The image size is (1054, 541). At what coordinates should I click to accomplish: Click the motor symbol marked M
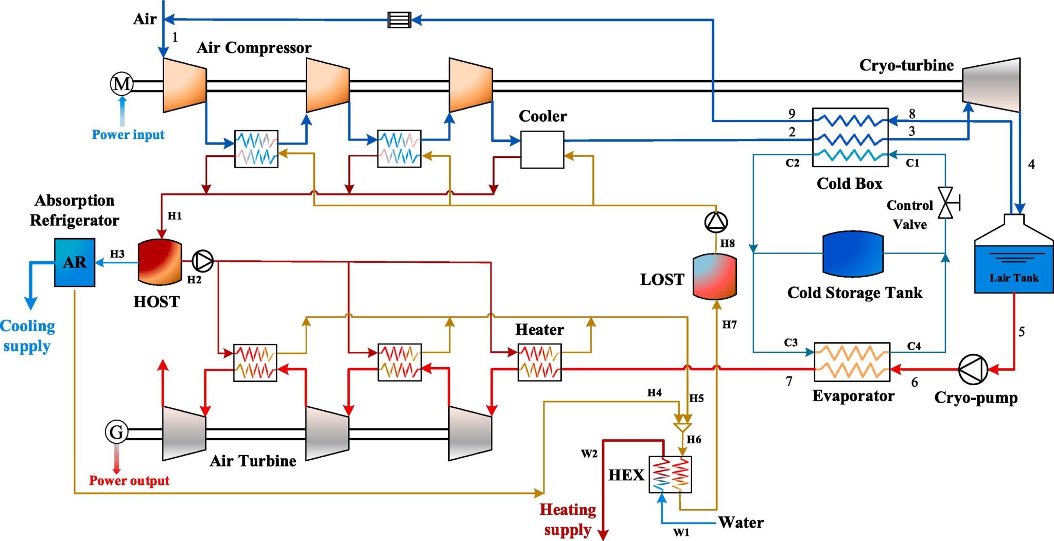click(122, 83)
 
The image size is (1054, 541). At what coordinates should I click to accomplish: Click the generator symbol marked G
click(117, 432)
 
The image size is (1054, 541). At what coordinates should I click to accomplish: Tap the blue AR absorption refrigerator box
click(75, 262)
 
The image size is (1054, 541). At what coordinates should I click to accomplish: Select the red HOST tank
click(160, 262)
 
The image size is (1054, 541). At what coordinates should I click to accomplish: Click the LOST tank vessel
click(714, 277)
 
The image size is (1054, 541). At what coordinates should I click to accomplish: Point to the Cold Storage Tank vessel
click(853, 254)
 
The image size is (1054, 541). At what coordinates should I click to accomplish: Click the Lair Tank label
click(1013, 278)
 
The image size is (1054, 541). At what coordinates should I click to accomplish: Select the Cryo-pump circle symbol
click(973, 369)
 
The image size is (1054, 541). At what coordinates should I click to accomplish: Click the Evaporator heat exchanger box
click(852, 362)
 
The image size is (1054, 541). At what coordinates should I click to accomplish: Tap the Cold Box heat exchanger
click(850, 137)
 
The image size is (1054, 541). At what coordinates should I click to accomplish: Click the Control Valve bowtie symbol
click(945, 203)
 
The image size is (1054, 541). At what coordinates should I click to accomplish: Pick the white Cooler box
click(542, 150)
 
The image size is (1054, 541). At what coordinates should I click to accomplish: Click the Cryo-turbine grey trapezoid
click(991, 85)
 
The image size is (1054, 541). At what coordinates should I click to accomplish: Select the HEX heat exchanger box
click(670, 474)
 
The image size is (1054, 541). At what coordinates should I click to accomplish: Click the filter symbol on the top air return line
click(399, 20)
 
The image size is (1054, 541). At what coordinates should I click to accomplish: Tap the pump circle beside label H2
click(203, 261)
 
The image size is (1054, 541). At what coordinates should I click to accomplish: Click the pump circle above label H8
click(716, 222)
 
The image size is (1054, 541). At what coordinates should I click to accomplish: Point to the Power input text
click(128, 135)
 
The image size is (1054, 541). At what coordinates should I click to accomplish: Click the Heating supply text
click(568, 519)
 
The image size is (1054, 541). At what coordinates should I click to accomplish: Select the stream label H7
click(729, 324)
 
